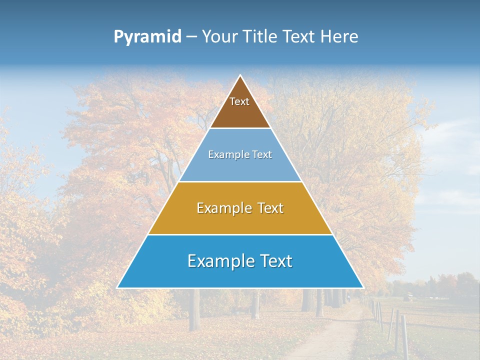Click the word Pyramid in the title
click(x=147, y=37)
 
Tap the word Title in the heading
click(x=261, y=37)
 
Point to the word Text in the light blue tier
click(x=262, y=154)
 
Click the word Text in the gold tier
click(x=271, y=208)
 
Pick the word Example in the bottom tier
click(x=220, y=261)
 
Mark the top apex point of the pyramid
click(x=240, y=75)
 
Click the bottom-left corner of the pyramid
click(x=117, y=287)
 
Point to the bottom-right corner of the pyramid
click(x=363, y=287)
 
